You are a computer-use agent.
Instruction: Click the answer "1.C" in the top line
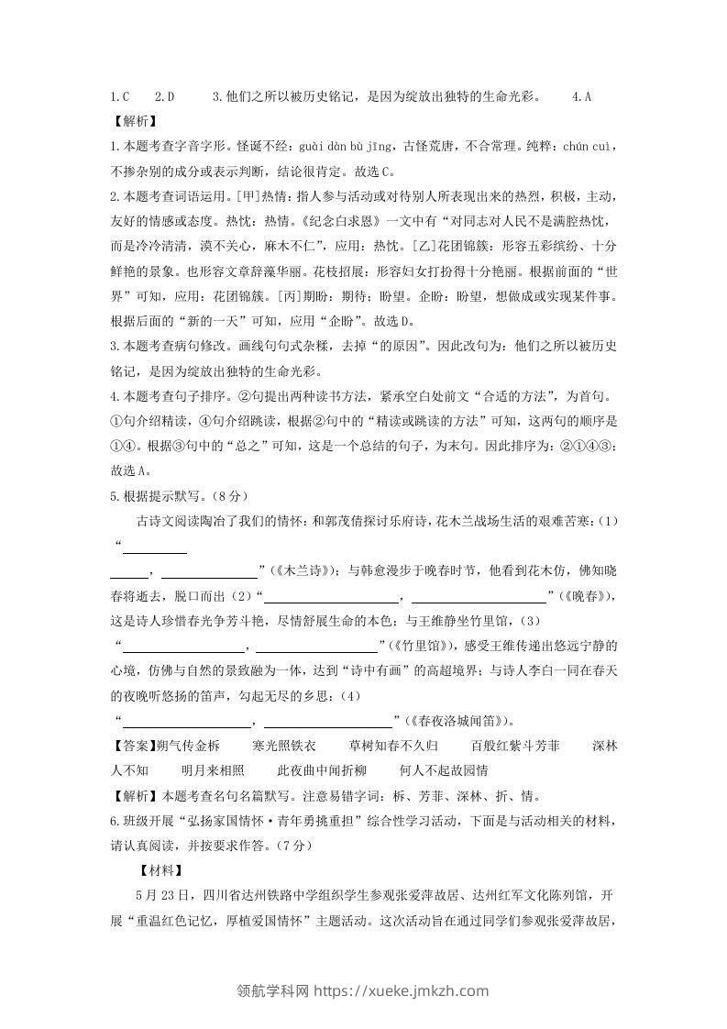click(x=119, y=96)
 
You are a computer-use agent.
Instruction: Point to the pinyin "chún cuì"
click(x=591, y=146)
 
